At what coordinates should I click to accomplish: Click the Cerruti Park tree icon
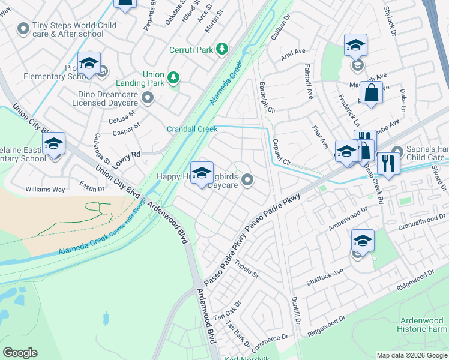(223, 48)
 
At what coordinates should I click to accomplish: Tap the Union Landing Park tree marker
(173, 77)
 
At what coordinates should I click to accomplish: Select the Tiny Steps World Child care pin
(23, 28)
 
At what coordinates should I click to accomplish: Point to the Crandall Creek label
(191, 129)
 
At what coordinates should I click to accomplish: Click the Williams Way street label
(45, 189)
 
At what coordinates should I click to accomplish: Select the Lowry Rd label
(127, 155)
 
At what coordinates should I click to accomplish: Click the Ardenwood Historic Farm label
(422, 324)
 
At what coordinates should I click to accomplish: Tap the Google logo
(20, 353)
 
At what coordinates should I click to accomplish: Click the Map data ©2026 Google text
(411, 355)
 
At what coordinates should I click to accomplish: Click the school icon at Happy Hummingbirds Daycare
(202, 172)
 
